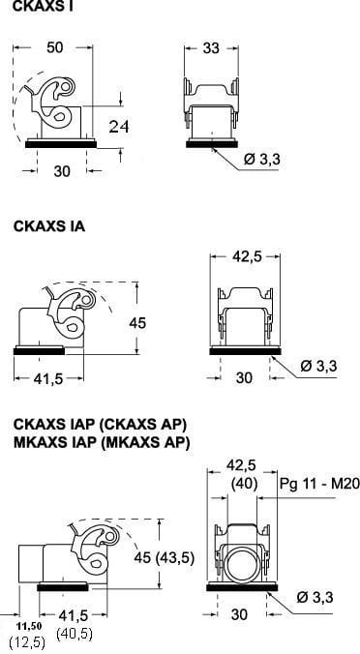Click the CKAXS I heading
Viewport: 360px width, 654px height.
pos(44,6)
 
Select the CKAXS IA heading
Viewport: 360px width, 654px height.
pos(49,226)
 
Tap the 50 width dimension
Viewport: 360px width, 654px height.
pos(54,47)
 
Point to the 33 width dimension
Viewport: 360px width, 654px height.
pos(211,48)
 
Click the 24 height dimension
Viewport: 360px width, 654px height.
pos(119,126)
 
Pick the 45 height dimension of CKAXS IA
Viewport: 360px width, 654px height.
pos(137,323)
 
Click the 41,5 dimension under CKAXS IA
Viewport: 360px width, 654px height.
pos(49,378)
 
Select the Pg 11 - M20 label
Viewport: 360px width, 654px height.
pos(319,484)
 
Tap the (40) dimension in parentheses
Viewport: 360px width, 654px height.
pos(245,484)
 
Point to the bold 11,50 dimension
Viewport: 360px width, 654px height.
pos(29,626)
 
